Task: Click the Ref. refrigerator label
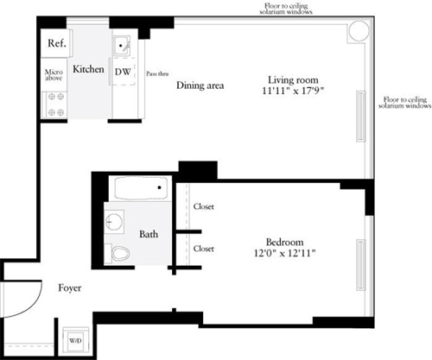tap(57, 43)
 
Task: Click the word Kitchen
tap(89, 68)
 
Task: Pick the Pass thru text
tap(156, 74)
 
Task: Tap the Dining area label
tap(200, 85)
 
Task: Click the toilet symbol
tap(120, 253)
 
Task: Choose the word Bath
tap(149, 233)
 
